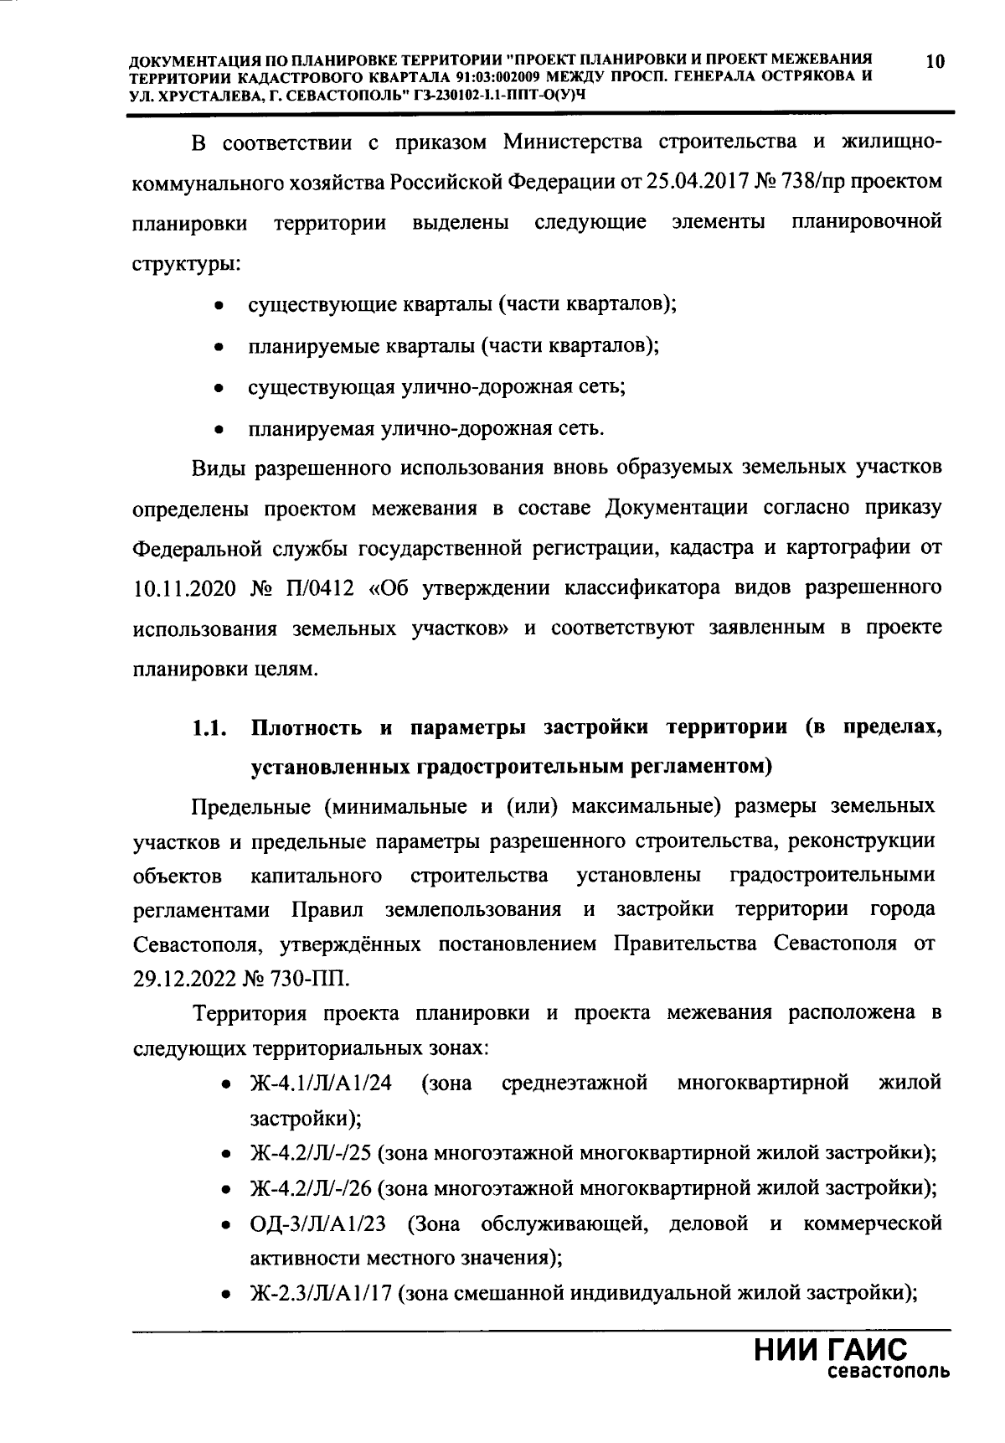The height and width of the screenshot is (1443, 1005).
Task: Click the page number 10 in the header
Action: pos(935,61)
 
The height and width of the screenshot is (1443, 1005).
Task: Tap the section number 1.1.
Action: pos(209,728)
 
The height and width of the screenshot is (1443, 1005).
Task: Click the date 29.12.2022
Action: pos(182,978)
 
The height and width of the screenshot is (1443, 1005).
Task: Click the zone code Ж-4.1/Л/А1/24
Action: pos(321,1083)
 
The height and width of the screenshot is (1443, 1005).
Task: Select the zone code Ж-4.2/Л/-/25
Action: pos(311,1153)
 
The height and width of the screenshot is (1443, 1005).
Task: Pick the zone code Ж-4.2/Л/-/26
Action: pos(311,1188)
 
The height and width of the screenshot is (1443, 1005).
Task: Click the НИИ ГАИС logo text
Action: pos(831,1352)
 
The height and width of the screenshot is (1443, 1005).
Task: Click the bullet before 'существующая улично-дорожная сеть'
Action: pos(218,389)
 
